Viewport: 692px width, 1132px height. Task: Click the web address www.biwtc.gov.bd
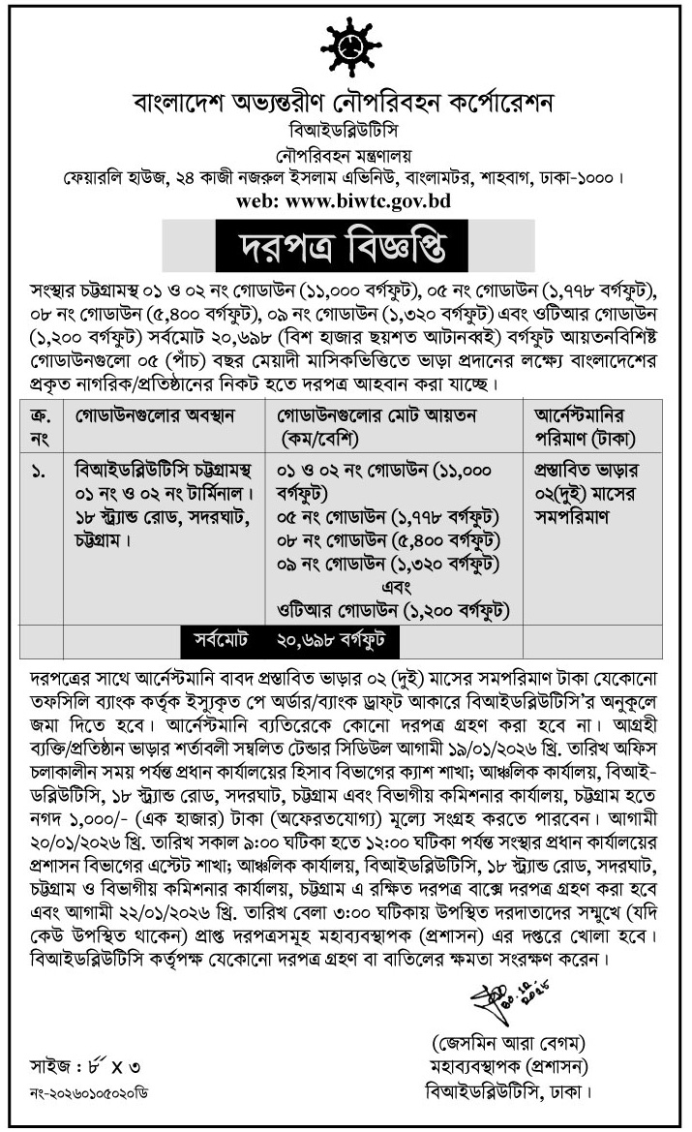(346, 201)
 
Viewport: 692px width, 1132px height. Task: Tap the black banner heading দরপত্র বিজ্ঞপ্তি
(346, 247)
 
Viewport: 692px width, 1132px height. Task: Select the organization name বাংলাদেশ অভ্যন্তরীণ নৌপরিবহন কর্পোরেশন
(346, 102)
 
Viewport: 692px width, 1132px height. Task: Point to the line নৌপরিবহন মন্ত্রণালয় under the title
(346, 153)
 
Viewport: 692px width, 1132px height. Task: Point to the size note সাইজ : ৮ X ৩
(85, 1067)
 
